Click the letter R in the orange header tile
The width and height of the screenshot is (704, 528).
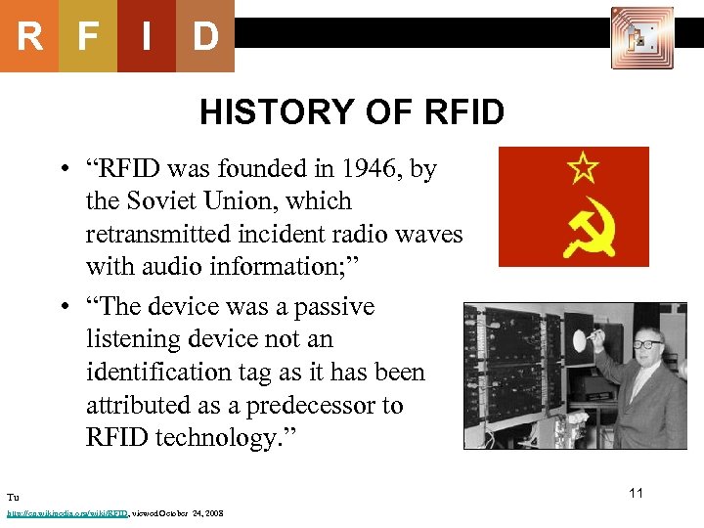pyautogui.click(x=29, y=36)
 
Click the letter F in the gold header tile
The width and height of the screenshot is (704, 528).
pyautogui.click(x=88, y=36)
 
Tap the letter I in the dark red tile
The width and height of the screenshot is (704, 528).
pyautogui.click(x=146, y=36)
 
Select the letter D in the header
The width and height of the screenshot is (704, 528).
pyautogui.click(x=204, y=36)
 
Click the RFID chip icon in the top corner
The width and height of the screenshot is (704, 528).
pyautogui.click(x=641, y=37)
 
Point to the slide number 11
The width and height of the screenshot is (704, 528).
pyautogui.click(x=636, y=493)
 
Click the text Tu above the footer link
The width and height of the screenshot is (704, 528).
pyautogui.click(x=13, y=498)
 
